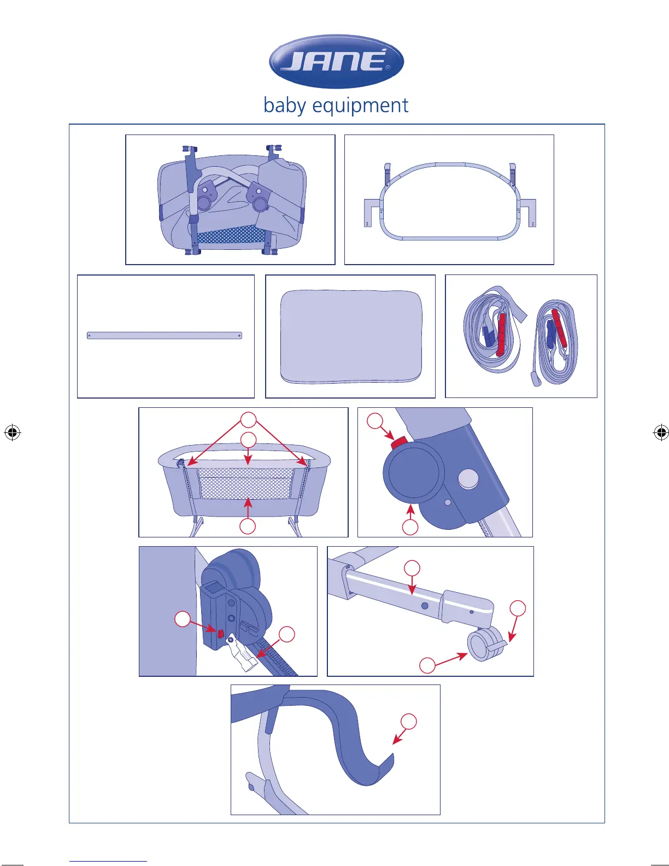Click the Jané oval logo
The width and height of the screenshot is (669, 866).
[x=336, y=61]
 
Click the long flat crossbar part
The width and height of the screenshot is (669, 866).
[x=164, y=336]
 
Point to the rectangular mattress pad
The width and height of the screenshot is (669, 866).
[x=351, y=336]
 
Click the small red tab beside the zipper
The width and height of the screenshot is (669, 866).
[x=221, y=633]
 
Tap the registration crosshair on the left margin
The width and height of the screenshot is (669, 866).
[x=12, y=432]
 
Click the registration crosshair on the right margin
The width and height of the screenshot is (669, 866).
[x=661, y=432]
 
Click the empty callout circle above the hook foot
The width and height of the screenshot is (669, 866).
[x=408, y=721]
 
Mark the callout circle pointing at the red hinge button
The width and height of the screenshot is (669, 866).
[x=375, y=421]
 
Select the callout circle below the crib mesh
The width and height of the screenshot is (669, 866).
[x=248, y=526]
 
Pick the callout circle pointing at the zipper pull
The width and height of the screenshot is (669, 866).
[x=286, y=634]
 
